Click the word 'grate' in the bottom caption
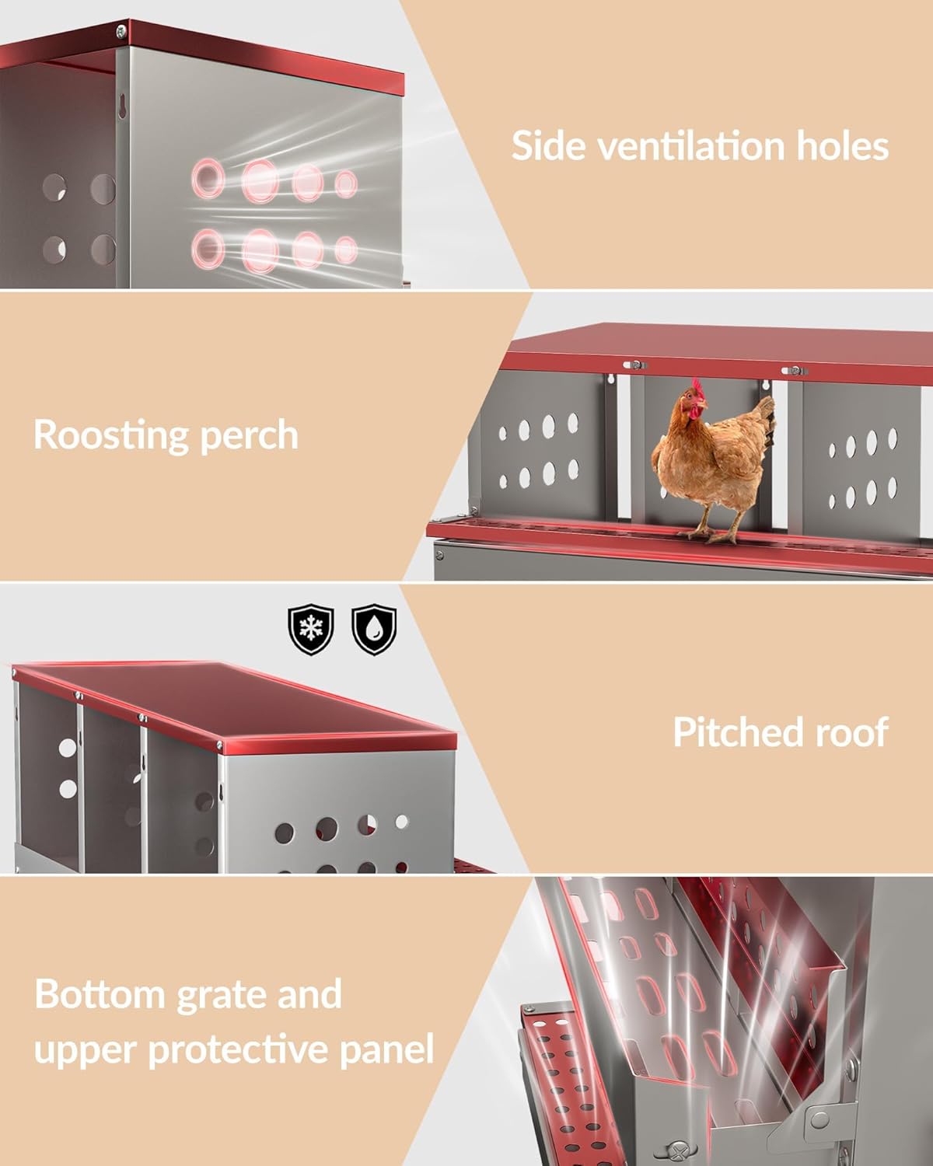click(x=225, y=995)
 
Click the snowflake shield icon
click(x=311, y=630)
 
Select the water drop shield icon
click(x=374, y=630)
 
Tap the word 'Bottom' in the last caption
click(x=100, y=995)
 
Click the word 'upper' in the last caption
click(x=85, y=1051)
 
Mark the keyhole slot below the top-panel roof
click(x=122, y=109)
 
